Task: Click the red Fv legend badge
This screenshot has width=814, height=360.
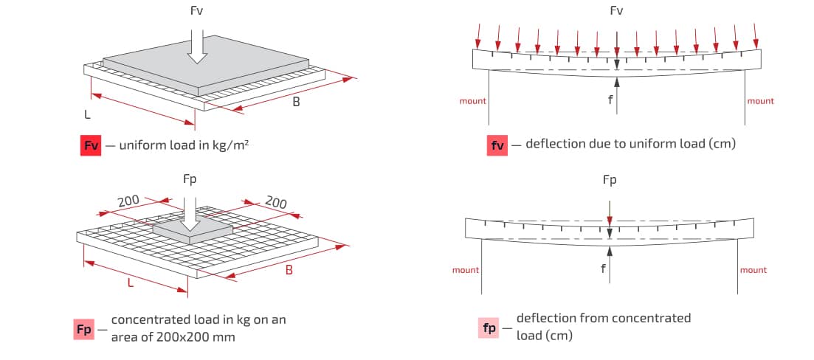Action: [92, 145]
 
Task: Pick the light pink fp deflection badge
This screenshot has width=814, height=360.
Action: [489, 328]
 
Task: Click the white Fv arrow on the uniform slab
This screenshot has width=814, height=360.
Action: [197, 46]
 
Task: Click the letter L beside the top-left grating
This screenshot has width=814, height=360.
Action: [87, 114]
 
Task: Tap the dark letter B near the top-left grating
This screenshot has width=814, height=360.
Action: [296, 102]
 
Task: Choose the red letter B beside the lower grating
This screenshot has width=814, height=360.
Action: [289, 270]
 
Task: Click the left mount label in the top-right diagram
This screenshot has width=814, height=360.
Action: [473, 101]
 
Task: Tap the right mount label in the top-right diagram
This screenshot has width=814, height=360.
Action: [761, 101]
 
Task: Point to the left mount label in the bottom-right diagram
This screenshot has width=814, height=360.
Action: [466, 270]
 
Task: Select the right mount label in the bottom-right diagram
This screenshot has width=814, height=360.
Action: [753, 270]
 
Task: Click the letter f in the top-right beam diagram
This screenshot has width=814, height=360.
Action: [610, 99]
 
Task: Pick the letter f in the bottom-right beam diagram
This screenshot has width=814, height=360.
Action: [603, 269]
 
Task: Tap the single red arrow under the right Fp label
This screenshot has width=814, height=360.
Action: [610, 212]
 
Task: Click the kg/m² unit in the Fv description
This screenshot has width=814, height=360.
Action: [232, 145]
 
